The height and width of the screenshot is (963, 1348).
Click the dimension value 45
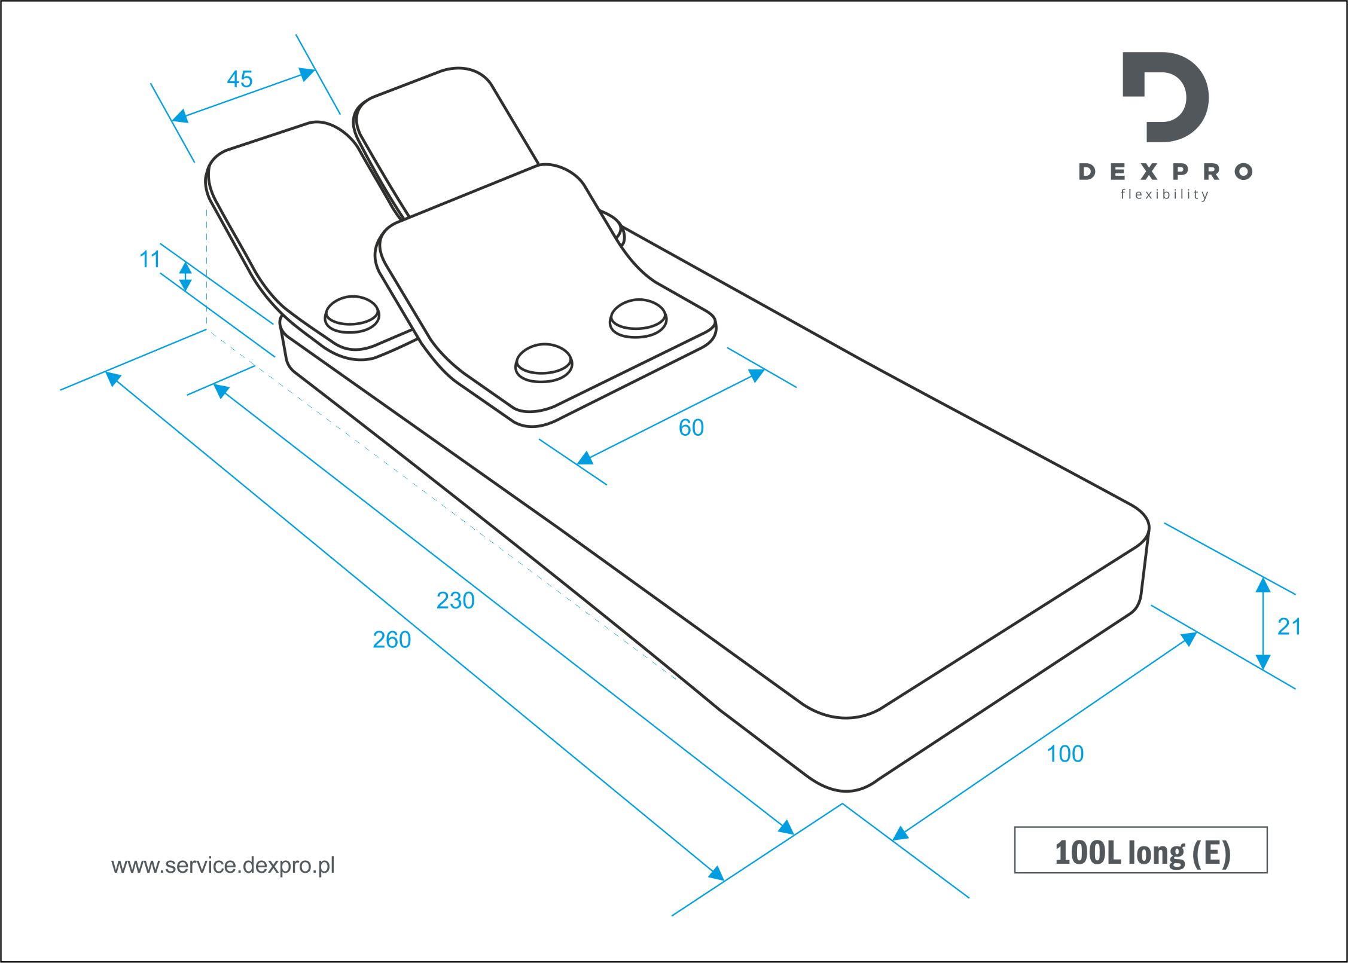(x=240, y=80)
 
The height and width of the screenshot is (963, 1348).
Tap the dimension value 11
(x=150, y=259)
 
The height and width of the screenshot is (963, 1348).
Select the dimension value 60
(x=691, y=428)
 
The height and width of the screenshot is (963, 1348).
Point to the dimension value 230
(x=456, y=601)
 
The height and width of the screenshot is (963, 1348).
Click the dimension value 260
(x=392, y=640)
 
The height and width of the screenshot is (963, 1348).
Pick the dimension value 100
(x=1065, y=754)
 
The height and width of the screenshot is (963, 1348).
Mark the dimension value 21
(x=1289, y=627)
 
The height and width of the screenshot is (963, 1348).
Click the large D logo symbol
(x=1165, y=97)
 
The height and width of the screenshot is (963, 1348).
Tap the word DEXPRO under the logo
(x=1166, y=172)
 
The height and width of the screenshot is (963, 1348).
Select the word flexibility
(x=1164, y=194)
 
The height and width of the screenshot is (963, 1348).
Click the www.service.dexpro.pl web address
(x=223, y=866)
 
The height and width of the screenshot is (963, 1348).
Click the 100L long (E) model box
(x=1141, y=850)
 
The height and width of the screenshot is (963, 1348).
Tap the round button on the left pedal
(x=352, y=314)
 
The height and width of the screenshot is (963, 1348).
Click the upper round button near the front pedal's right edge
(x=638, y=318)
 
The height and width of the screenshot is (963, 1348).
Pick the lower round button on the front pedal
(x=544, y=363)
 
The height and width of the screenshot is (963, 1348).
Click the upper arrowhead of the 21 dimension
(x=1263, y=584)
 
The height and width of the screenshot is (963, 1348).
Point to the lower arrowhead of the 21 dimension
(x=1263, y=662)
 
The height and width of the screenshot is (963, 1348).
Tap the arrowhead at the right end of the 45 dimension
(x=307, y=74)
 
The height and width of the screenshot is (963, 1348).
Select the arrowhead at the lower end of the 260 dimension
(x=716, y=873)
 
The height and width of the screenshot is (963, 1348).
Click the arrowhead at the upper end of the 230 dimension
(x=221, y=391)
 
